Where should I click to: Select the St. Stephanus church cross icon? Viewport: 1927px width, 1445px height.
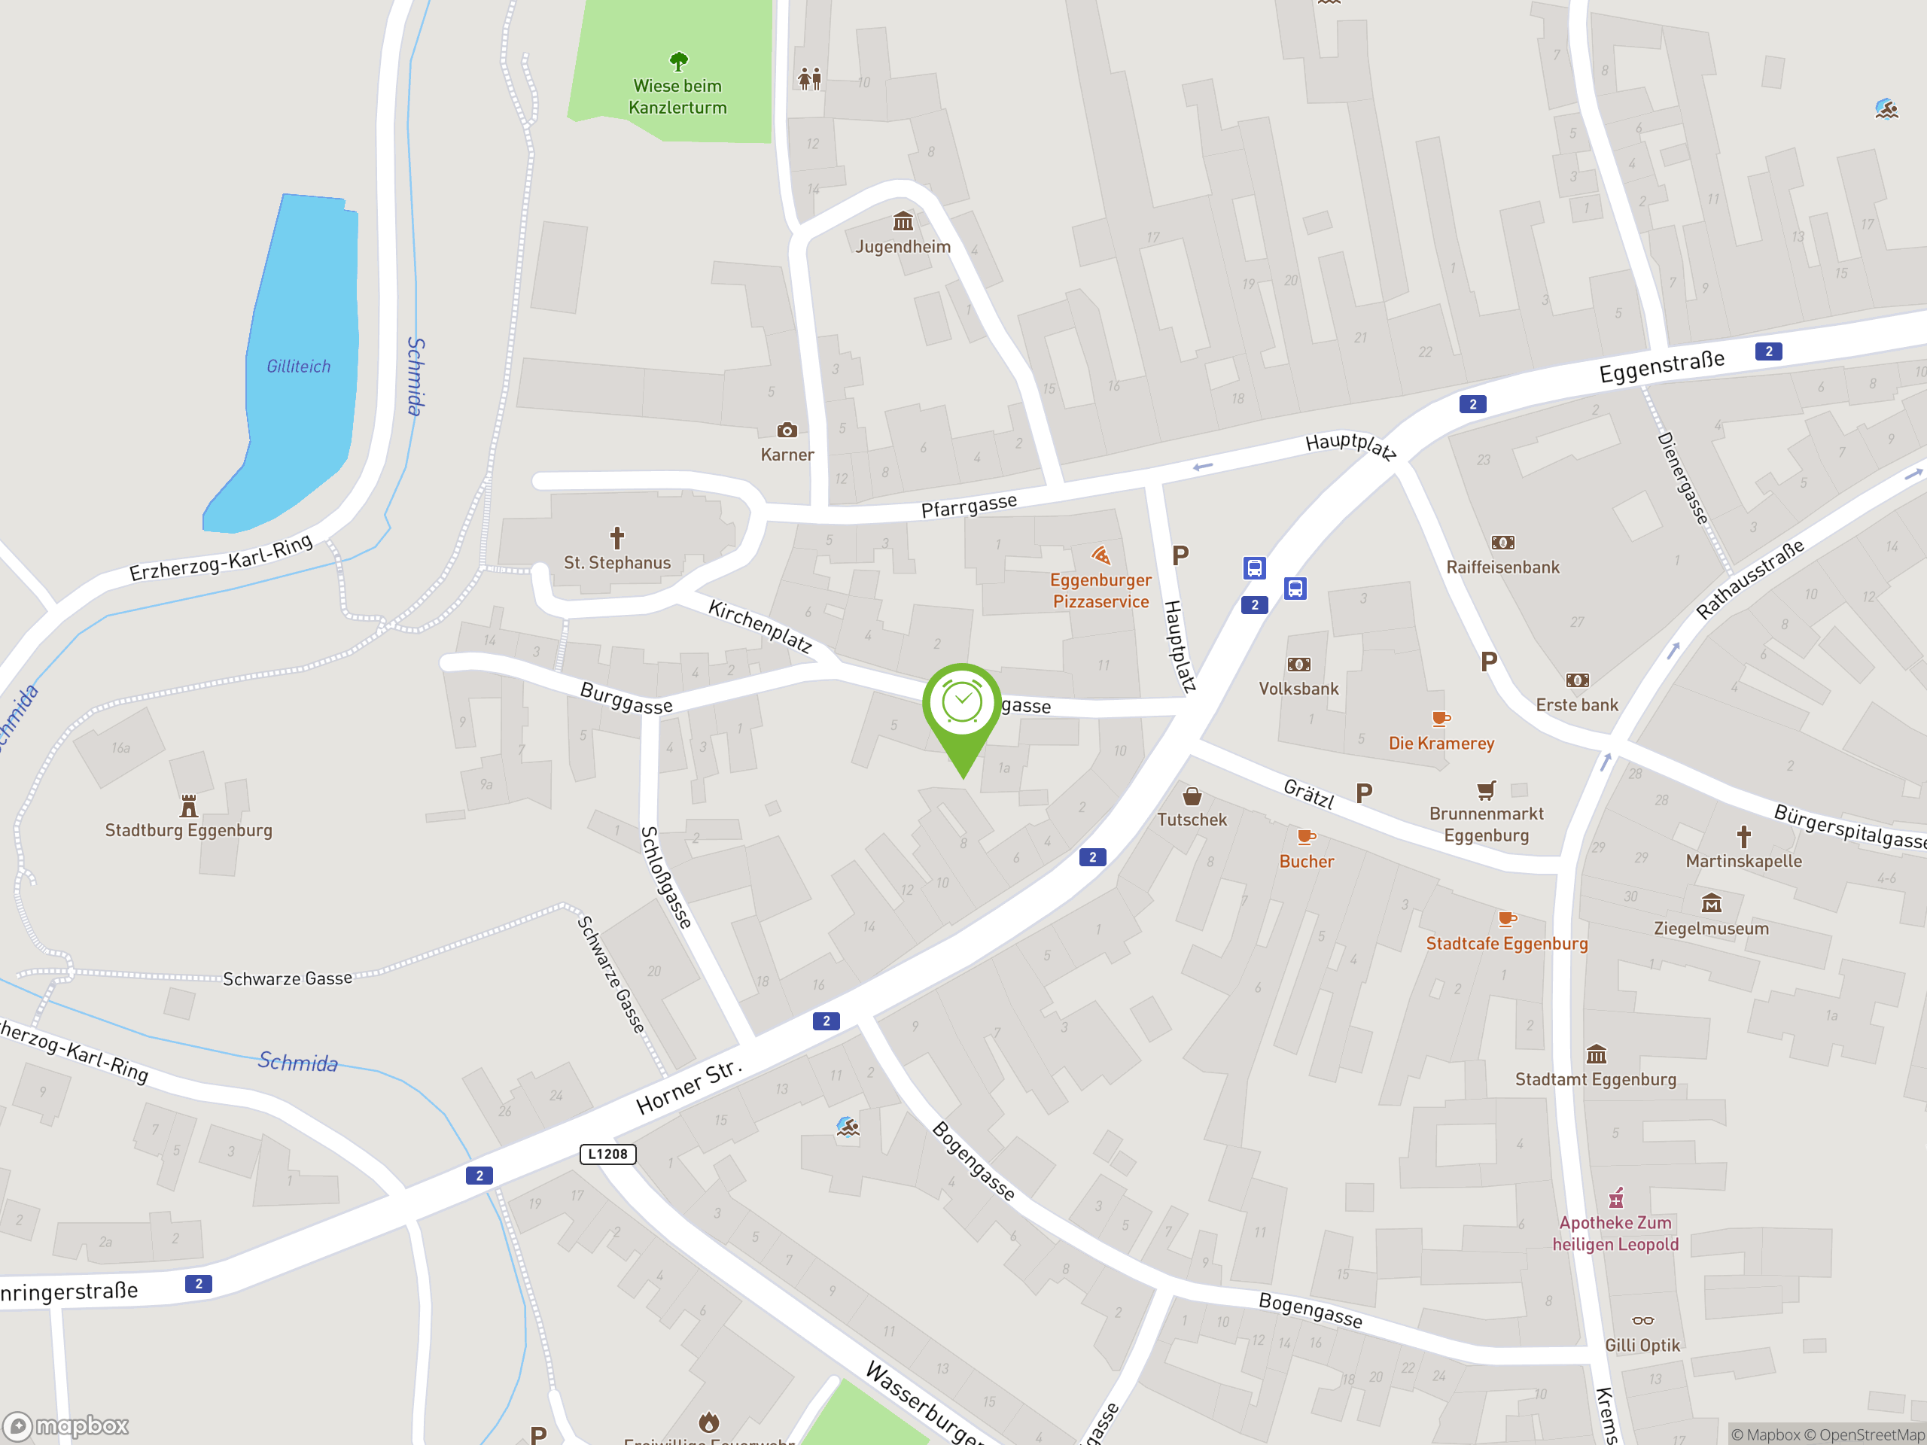pos(616,537)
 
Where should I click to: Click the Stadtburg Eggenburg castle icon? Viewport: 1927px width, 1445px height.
pos(188,805)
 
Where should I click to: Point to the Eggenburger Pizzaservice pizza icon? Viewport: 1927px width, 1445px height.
pos(1101,555)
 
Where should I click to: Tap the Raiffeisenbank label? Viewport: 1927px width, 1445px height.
pos(1502,567)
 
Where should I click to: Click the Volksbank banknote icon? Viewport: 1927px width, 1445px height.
pos(1298,665)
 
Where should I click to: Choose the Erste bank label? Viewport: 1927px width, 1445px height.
pos(1576,704)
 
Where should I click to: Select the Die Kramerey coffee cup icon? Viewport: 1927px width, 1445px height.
pos(1441,719)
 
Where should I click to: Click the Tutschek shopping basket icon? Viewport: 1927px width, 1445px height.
pos(1192,796)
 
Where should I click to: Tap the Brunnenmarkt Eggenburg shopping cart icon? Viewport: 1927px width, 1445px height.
pos(1486,790)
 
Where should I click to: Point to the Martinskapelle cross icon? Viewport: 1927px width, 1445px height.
pos(1743,837)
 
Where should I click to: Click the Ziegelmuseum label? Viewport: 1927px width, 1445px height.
pos(1711,929)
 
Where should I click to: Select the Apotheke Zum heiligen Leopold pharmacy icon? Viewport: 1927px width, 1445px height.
pos(1615,1198)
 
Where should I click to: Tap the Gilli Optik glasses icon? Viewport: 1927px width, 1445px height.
pos(1642,1321)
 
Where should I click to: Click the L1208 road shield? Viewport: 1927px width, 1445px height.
pos(608,1154)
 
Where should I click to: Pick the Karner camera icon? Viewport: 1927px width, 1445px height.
pos(787,430)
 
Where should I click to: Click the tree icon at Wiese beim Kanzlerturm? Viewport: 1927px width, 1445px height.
pos(679,61)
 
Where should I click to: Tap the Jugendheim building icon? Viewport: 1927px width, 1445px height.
pos(903,221)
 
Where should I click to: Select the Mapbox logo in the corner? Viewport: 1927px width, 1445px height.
pos(66,1426)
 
